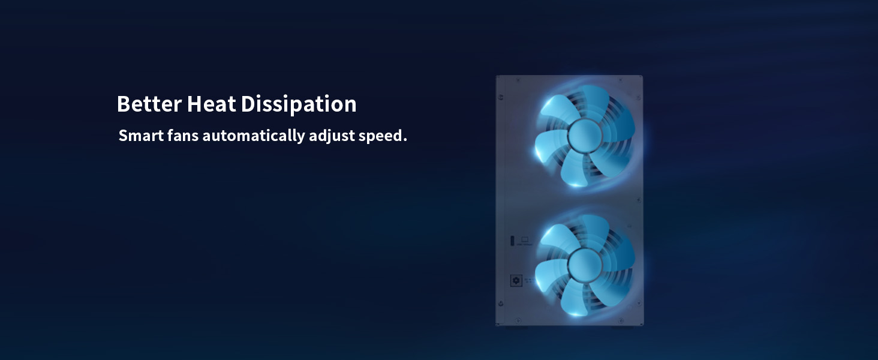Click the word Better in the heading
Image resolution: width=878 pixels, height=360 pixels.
(149, 104)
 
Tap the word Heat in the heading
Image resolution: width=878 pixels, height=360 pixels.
(212, 104)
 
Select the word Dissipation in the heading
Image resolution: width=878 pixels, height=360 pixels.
(299, 104)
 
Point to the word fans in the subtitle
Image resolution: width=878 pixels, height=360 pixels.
(183, 136)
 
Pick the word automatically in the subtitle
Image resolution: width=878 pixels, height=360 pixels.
(254, 136)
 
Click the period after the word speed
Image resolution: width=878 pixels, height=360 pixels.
(405, 140)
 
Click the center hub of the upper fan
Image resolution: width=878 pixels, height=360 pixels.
(585, 136)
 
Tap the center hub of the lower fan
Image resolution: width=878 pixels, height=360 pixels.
(585, 265)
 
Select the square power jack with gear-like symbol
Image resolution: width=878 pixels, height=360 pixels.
(516, 280)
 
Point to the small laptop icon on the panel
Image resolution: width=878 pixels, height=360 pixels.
(525, 239)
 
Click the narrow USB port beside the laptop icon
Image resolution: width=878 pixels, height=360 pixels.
(512, 241)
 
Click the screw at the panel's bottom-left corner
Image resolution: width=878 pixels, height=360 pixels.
(501, 303)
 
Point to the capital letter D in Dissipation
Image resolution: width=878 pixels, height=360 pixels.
(248, 104)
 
